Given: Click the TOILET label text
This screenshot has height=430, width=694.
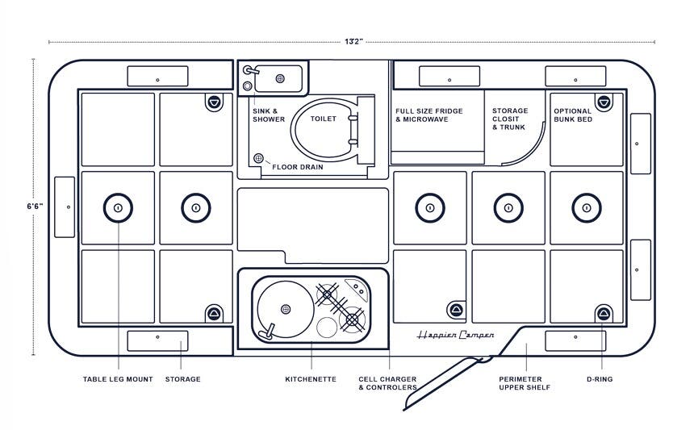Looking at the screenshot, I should point(323,119).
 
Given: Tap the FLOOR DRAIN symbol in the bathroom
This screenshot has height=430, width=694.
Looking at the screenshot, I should point(259,159).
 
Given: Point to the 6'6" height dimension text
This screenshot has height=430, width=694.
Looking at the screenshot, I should point(35,207).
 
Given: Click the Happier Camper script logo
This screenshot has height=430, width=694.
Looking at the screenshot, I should point(455,335).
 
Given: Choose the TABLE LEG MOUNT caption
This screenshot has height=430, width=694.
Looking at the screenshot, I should point(118,379).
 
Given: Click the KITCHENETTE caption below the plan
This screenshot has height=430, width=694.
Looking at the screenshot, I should point(311,379).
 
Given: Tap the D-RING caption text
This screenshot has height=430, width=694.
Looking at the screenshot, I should point(604,379).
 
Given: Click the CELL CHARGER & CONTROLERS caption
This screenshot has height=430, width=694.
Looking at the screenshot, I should point(388,383).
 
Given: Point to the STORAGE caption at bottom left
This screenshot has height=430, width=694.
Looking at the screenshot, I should point(182,379).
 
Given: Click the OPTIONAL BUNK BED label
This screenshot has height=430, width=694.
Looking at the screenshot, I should point(573,115).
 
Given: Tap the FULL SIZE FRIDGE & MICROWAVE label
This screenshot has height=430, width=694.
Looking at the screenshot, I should point(429,115).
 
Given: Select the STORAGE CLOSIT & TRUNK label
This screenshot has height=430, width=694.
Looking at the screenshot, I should point(510,119).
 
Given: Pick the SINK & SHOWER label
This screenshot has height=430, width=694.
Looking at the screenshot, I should point(269,115).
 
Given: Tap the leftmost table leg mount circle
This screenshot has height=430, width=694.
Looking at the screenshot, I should point(118,208).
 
